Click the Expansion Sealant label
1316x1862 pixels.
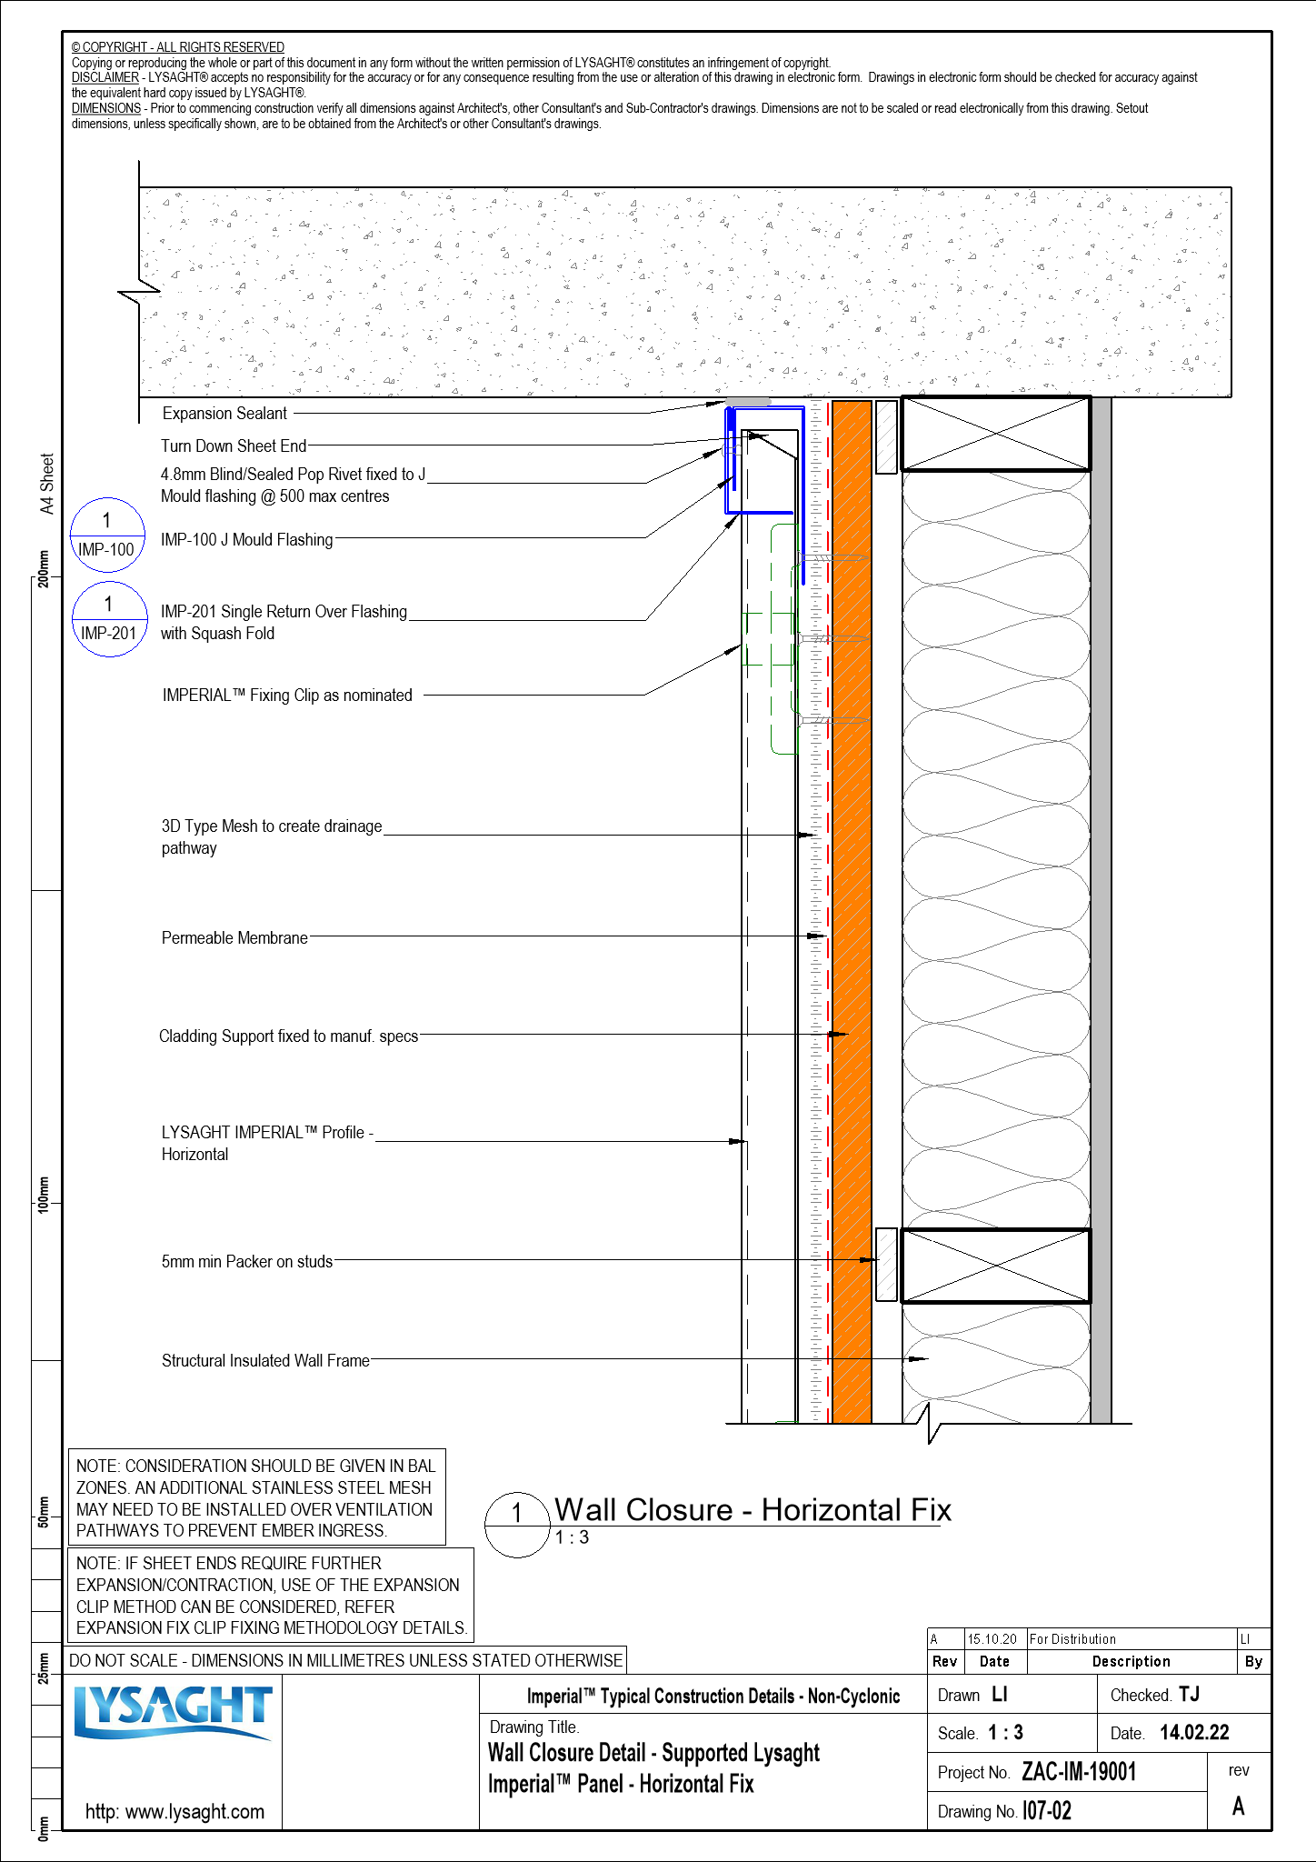tap(224, 414)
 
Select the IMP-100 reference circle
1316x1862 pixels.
tap(107, 536)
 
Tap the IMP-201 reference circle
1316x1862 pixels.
tap(109, 619)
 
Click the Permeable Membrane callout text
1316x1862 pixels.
tap(234, 938)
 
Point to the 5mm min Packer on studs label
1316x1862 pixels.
tap(246, 1262)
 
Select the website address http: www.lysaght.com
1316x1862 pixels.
tap(174, 1811)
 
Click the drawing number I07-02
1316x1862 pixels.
tap(1047, 1811)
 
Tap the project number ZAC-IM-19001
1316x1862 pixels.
tap(1079, 1772)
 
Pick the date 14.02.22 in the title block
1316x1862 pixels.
tap(1194, 1733)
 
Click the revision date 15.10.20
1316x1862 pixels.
tap(992, 1639)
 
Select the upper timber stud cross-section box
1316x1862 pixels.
tap(995, 434)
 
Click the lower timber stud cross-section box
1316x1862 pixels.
tap(995, 1266)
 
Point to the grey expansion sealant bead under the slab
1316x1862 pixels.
tap(747, 402)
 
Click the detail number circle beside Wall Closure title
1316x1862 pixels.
tap(517, 1525)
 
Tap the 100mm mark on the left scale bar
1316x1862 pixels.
tap(44, 1193)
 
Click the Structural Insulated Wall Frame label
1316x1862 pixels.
tap(265, 1361)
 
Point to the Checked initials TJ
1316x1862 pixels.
tap(1189, 1694)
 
